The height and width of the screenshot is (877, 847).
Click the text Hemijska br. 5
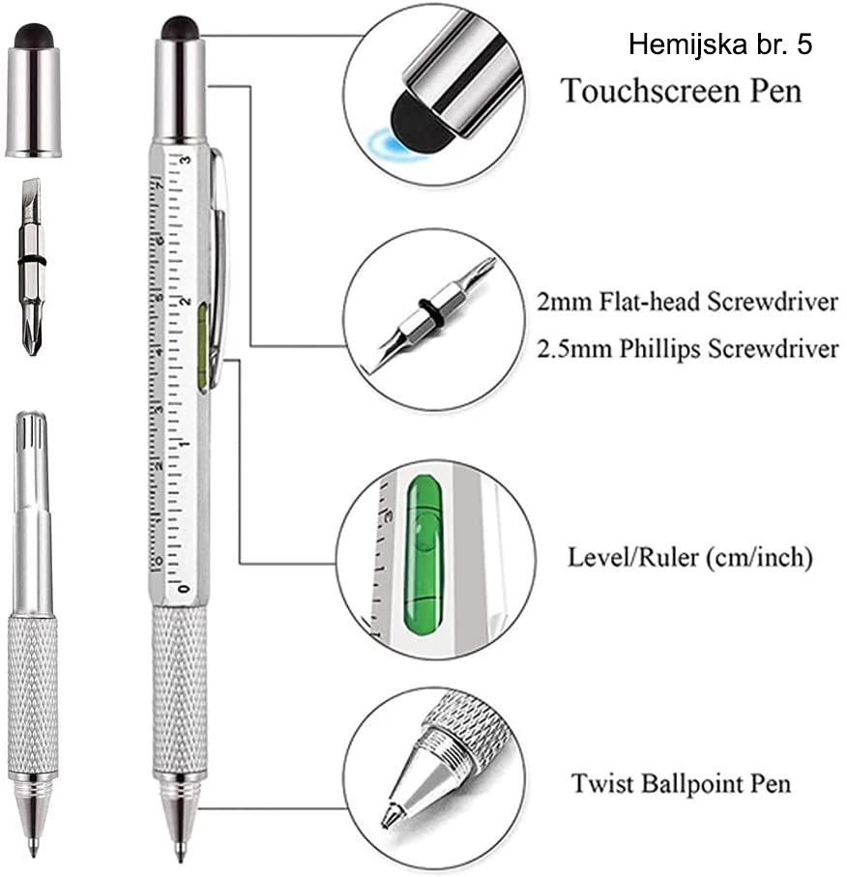coord(720,44)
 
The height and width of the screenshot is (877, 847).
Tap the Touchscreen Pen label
coord(682,91)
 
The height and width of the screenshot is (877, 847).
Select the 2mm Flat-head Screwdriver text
coord(687,302)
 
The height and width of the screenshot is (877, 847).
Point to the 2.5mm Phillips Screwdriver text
coord(687,349)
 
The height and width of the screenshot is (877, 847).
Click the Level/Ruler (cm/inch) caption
coord(689,557)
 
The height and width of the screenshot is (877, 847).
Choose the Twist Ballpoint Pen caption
coord(681,783)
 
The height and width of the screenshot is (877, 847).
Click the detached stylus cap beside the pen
coord(34,90)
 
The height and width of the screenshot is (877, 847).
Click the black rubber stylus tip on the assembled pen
coord(179,28)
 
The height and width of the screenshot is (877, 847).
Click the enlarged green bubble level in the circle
coord(423,552)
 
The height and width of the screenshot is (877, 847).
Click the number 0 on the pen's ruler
coord(185,588)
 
